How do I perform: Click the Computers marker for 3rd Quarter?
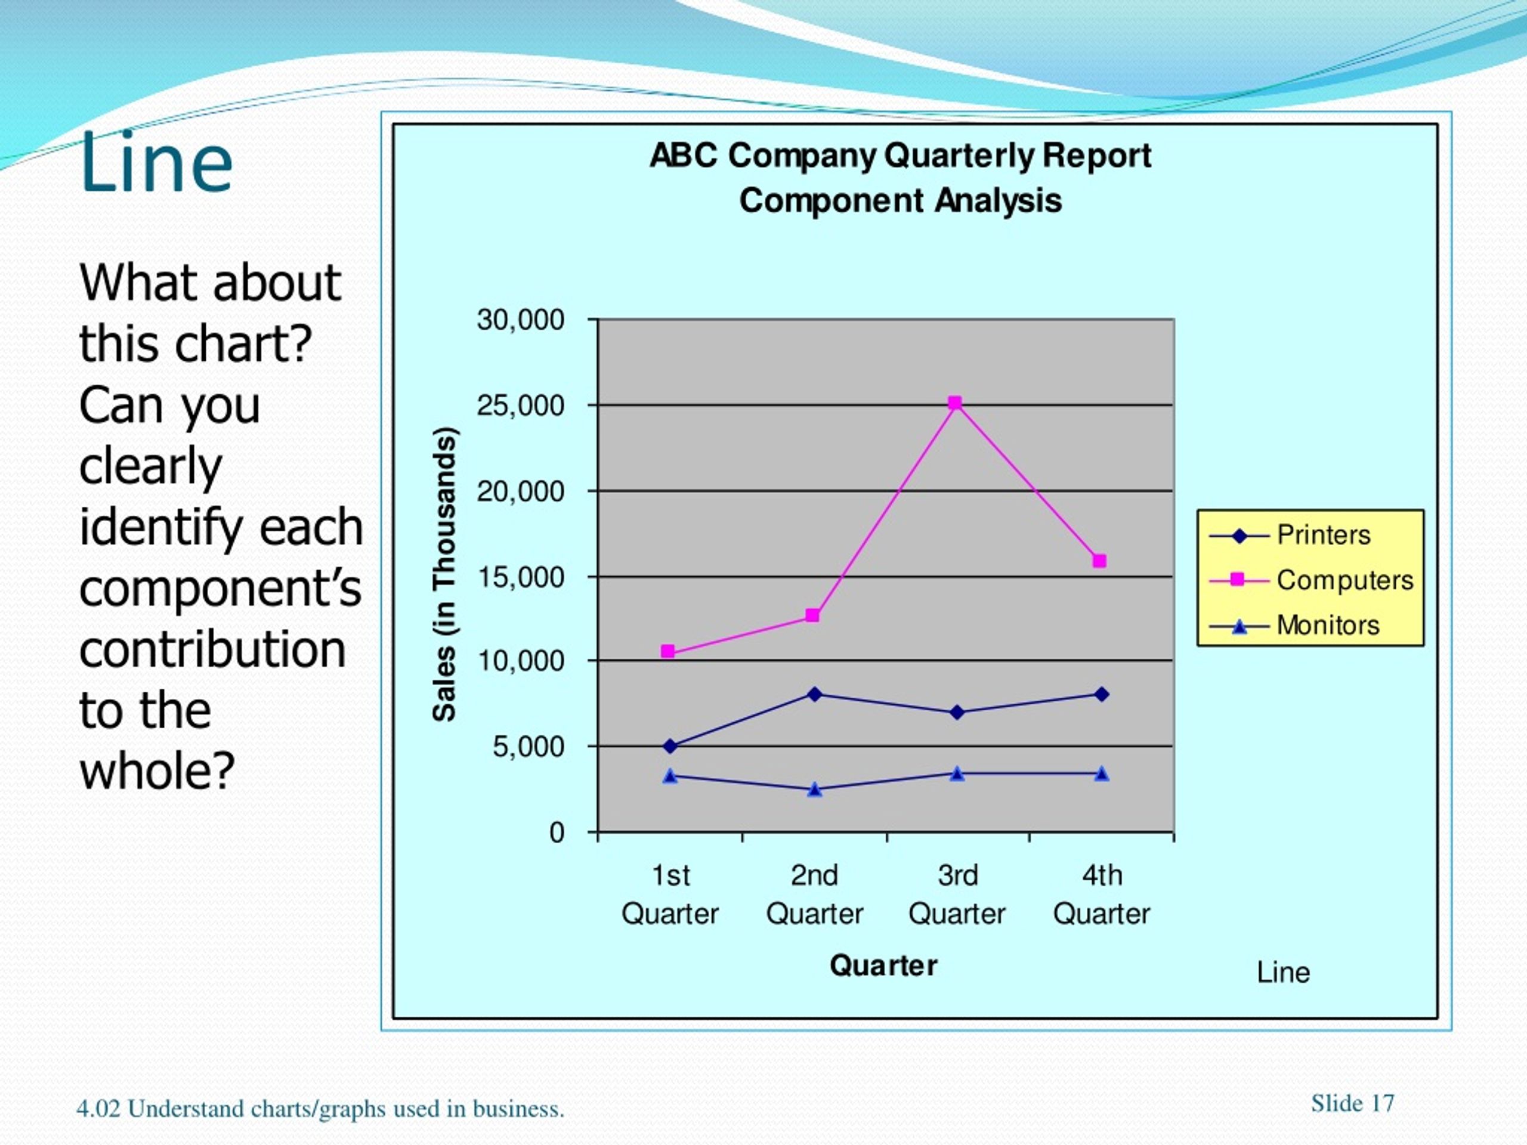(956, 403)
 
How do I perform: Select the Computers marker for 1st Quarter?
(667, 652)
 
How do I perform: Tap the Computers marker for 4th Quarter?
(1100, 561)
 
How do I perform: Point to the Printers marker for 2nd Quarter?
(815, 694)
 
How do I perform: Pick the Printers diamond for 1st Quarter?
(670, 746)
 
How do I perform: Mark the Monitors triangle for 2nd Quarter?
(815, 790)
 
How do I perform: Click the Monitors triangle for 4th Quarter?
(1102, 773)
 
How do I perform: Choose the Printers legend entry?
(1290, 536)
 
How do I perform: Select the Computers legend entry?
(1311, 580)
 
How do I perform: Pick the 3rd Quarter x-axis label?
(957, 895)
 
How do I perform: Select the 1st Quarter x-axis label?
(670, 895)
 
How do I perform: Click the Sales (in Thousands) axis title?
(444, 574)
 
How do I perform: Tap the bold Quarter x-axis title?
(883, 965)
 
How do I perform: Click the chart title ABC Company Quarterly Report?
(900, 156)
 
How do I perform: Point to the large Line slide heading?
(156, 163)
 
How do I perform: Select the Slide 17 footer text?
(1352, 1104)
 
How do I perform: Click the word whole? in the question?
(157, 770)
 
